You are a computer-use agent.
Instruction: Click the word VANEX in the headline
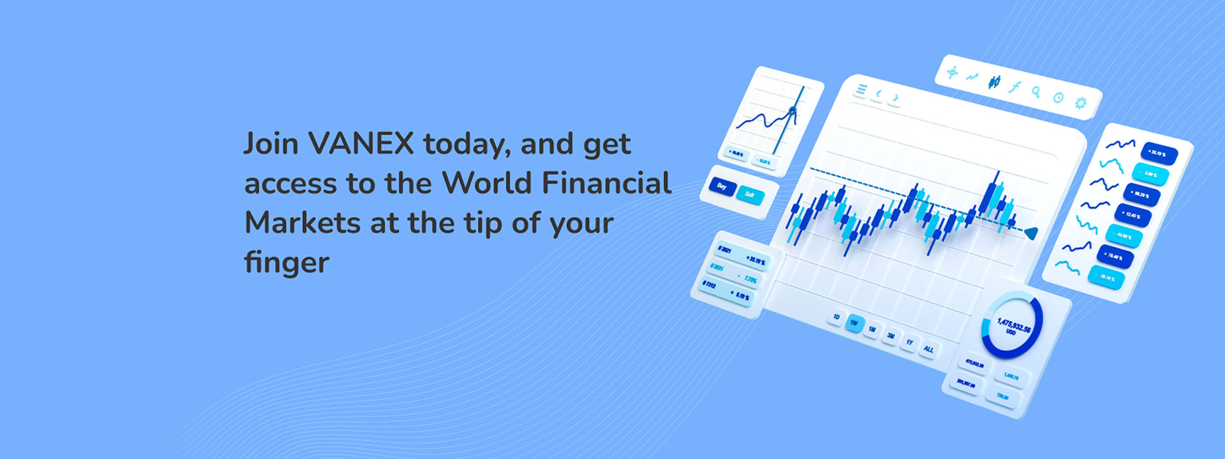(361, 143)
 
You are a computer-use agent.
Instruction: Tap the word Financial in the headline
(606, 183)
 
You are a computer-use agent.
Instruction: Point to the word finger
(286, 262)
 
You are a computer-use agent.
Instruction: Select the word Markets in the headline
(302, 223)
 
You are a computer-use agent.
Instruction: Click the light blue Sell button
(750, 195)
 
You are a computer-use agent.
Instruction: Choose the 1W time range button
(854, 323)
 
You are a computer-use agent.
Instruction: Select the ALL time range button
(928, 349)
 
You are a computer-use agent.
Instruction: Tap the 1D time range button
(836, 317)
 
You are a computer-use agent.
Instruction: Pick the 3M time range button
(891, 336)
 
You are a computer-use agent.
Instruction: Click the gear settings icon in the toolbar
(1081, 103)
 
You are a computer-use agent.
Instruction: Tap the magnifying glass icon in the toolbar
(1036, 92)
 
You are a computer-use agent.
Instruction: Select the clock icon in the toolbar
(1058, 98)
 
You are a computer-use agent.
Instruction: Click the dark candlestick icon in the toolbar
(995, 82)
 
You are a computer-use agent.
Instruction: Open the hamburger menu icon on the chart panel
(861, 89)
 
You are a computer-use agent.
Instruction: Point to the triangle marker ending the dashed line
(1031, 233)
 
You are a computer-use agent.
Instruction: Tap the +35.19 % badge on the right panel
(1159, 154)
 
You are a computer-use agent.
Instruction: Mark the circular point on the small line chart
(792, 112)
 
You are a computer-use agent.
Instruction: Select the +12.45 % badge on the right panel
(1132, 215)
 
